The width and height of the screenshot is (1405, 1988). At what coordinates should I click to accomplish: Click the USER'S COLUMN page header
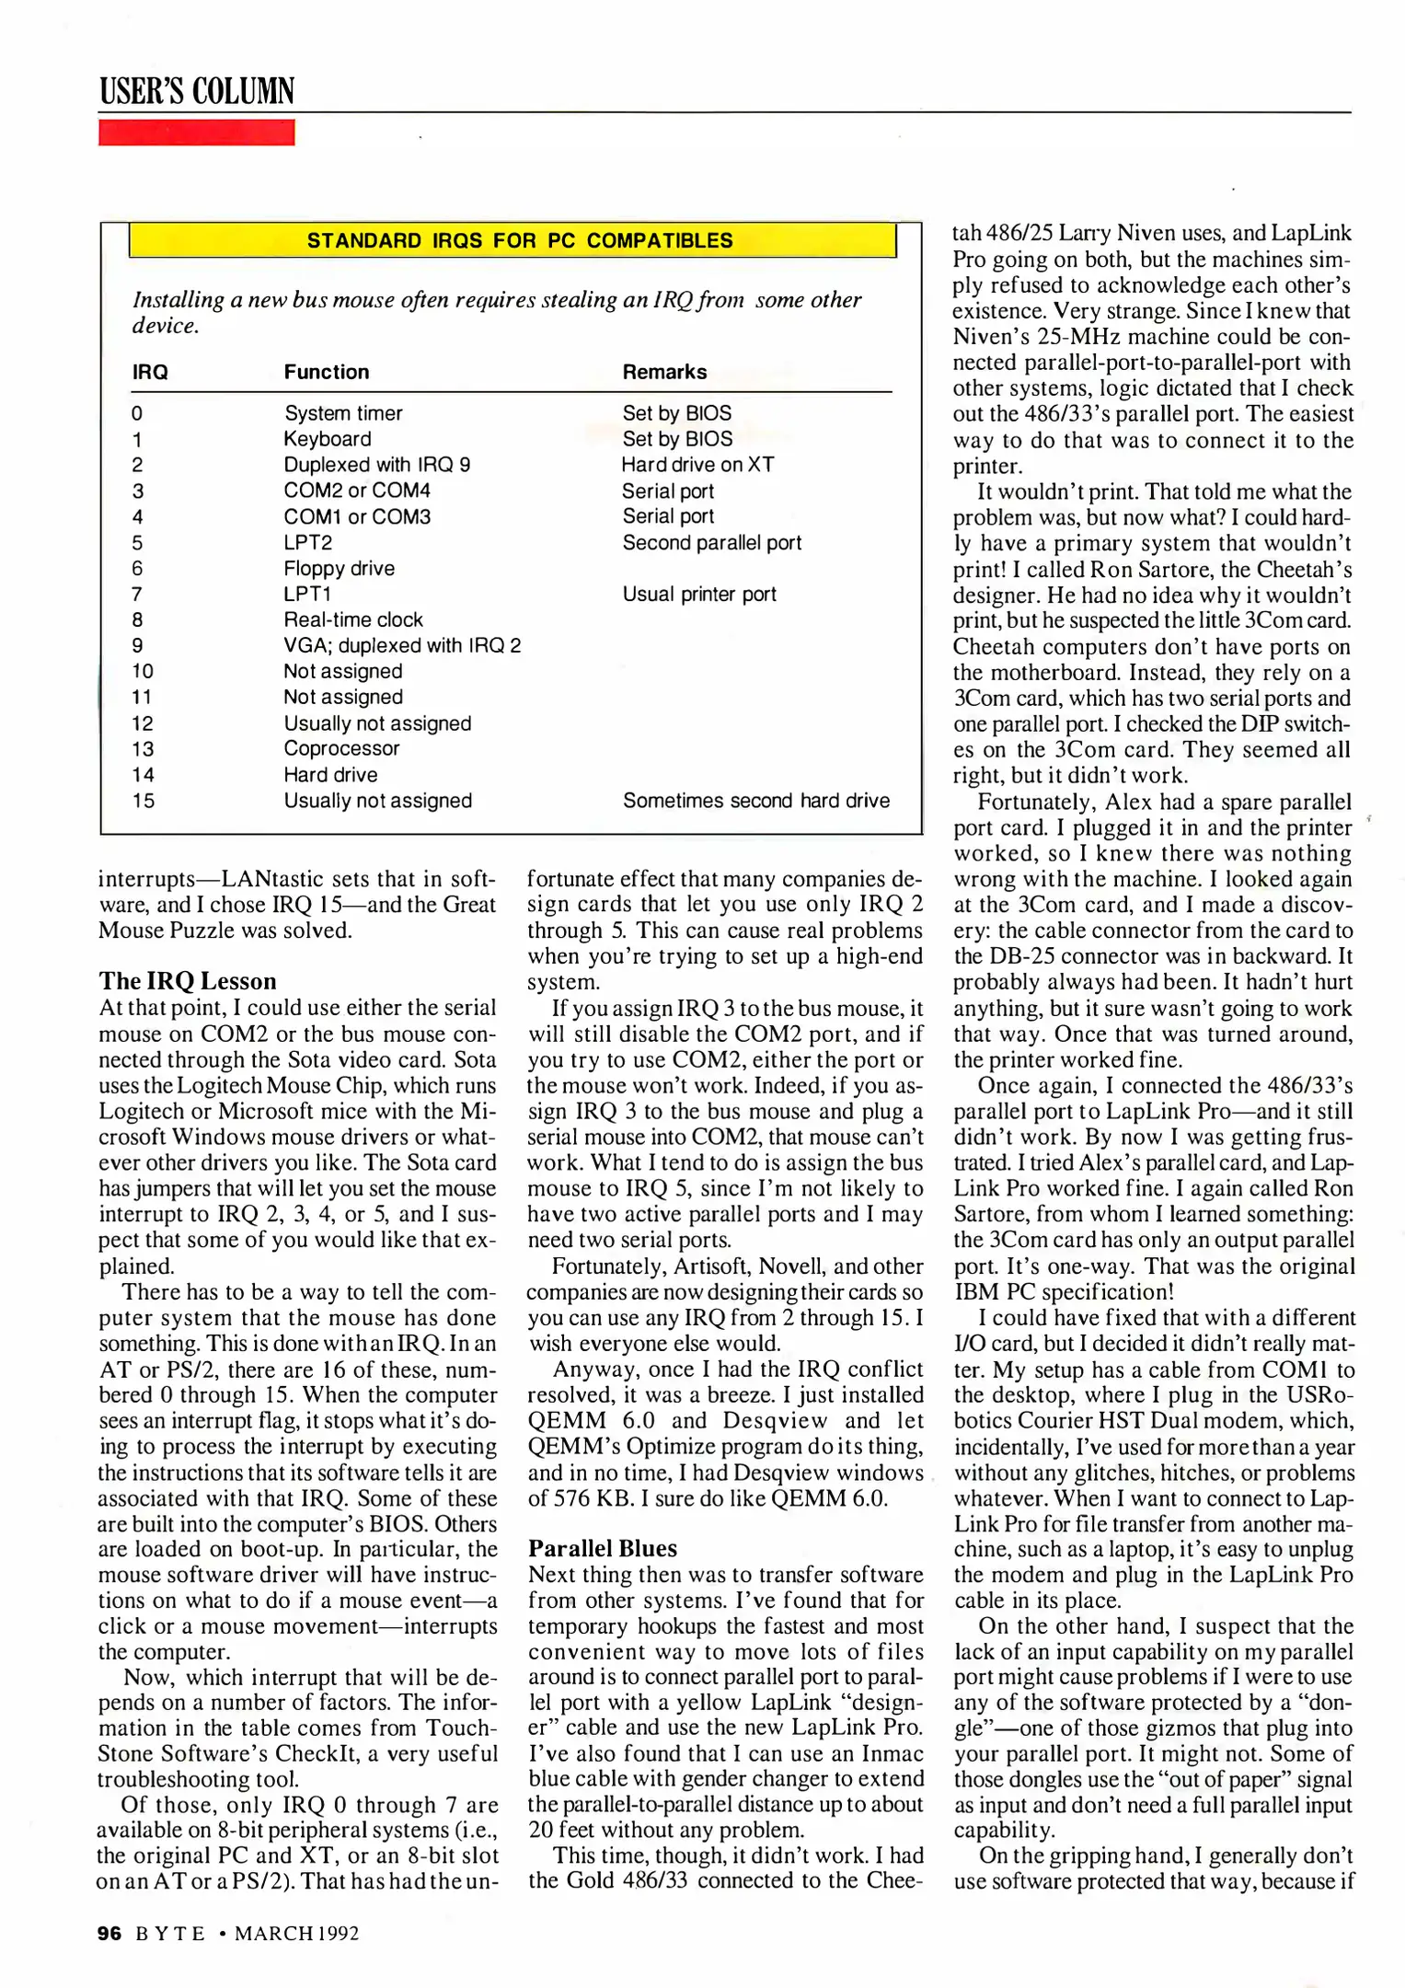click(x=197, y=91)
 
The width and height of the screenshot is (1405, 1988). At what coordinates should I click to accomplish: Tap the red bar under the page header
click(x=196, y=133)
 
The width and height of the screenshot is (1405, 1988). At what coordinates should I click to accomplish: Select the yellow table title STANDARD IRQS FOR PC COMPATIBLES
click(x=520, y=241)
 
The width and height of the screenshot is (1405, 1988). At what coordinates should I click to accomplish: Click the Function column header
click(x=326, y=372)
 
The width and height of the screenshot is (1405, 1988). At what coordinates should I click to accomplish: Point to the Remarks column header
click(x=664, y=372)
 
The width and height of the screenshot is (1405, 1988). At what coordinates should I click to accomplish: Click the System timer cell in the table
click(x=342, y=413)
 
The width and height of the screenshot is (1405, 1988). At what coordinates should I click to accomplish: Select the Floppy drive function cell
click(x=339, y=569)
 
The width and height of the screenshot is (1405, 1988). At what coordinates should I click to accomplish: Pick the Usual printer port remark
click(x=698, y=595)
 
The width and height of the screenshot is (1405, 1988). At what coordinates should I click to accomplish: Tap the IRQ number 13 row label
click(x=143, y=749)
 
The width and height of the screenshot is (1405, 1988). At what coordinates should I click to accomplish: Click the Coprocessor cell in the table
click(x=341, y=749)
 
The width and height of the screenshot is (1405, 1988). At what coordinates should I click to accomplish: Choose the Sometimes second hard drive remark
click(x=755, y=801)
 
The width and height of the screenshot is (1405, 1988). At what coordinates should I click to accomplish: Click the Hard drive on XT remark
click(x=697, y=465)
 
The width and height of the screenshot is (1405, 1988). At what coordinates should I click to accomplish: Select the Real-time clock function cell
click(x=352, y=620)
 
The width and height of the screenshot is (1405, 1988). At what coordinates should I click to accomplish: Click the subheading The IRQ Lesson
click(x=187, y=981)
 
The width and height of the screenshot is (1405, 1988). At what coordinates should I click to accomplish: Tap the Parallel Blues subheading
click(x=602, y=1548)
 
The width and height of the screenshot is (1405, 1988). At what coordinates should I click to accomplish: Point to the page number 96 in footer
click(x=109, y=1934)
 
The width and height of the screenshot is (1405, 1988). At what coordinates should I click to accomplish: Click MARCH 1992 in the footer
click(x=296, y=1934)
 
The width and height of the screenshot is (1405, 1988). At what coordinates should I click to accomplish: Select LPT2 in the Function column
click(x=307, y=543)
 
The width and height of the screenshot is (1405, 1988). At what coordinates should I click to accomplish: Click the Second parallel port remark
click(x=711, y=543)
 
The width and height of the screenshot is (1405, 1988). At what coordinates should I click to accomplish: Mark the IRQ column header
click(x=150, y=372)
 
